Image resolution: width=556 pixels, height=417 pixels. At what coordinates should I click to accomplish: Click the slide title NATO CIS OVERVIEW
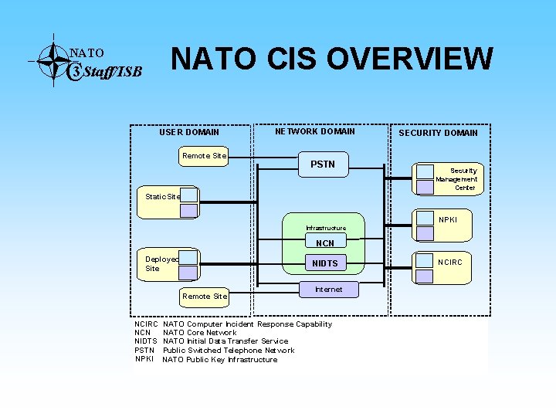(x=331, y=59)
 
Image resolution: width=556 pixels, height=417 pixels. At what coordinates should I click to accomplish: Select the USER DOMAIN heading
(x=189, y=132)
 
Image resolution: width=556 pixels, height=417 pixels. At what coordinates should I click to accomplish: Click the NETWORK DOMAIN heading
(x=315, y=131)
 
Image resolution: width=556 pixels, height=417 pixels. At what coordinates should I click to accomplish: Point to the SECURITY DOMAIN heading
(x=438, y=133)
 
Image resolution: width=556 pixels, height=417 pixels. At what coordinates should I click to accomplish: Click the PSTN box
(x=323, y=164)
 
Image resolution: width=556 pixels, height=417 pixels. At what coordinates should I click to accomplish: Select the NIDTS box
(x=324, y=263)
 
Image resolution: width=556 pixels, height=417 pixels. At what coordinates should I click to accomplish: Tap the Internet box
(x=328, y=290)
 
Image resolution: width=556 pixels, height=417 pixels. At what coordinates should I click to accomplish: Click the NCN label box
(x=325, y=243)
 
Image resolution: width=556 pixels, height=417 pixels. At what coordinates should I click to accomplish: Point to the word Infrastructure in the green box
(x=325, y=228)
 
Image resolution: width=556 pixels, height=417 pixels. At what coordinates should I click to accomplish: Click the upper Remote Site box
(x=204, y=156)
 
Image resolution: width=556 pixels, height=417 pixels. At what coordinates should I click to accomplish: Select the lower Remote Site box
(x=204, y=296)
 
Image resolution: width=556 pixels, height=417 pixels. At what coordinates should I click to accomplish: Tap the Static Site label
(x=162, y=196)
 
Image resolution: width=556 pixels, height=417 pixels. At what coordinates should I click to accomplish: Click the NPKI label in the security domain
(x=448, y=220)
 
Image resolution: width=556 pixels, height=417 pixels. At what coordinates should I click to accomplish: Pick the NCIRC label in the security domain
(x=450, y=262)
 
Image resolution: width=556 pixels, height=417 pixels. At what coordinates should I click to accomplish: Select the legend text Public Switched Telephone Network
(x=228, y=351)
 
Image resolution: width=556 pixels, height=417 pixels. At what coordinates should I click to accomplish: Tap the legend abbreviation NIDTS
(x=146, y=341)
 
